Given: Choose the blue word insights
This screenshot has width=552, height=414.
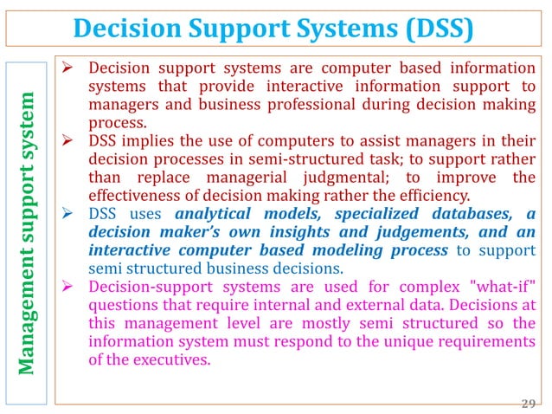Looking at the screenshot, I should point(292,232).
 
